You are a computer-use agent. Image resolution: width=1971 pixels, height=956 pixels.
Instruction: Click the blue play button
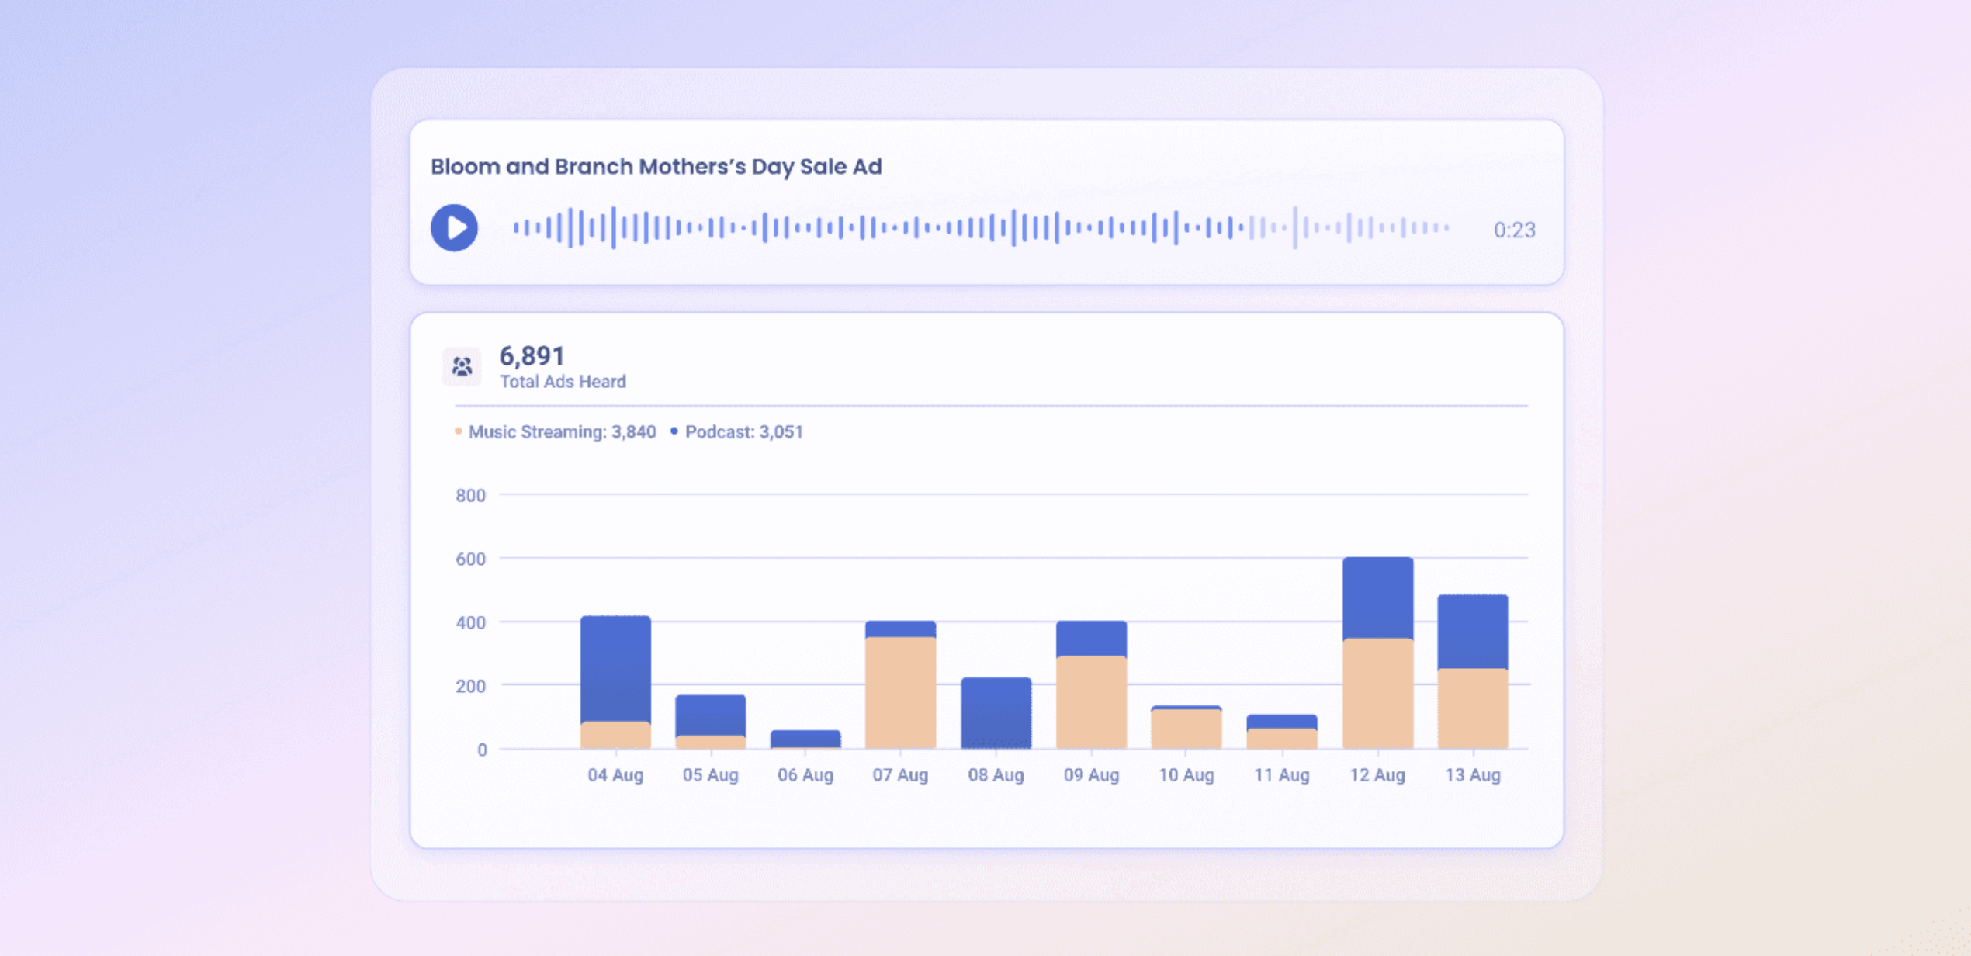pos(454,228)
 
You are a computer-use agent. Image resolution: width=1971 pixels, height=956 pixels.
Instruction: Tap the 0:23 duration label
pos(1514,230)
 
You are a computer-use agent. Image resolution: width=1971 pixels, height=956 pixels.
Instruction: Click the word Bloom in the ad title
pos(465,167)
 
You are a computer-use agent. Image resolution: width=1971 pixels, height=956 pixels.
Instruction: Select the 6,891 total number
pos(532,356)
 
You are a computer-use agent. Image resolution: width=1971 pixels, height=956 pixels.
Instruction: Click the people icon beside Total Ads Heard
pos(462,366)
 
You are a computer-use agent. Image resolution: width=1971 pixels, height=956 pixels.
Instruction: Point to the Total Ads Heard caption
pos(563,382)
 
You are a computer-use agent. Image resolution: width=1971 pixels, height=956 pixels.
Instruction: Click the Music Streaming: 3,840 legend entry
pos(561,432)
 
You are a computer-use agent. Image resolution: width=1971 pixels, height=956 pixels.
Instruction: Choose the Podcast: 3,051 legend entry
pos(743,432)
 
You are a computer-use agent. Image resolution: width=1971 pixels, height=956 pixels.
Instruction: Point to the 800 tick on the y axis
pos(470,496)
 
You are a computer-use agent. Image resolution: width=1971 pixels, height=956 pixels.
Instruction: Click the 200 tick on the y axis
pos(470,687)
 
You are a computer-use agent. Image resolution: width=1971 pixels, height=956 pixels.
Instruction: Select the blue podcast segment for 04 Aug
pos(615,667)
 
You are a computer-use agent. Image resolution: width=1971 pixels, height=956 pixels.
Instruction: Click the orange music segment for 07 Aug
pos(900,692)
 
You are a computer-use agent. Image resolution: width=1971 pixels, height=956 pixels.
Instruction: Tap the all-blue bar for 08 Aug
pos(996,712)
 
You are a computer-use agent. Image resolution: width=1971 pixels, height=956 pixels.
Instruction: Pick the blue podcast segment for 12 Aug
pos(1377,597)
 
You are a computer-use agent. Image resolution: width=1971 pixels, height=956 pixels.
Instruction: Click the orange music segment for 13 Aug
pos(1472,708)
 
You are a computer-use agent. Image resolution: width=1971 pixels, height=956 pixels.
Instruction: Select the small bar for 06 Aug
pos(805,739)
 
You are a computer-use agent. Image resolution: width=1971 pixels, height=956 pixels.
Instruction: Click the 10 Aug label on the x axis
pos(1186,775)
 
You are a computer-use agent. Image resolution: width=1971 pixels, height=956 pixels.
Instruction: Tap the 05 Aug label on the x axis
pos(710,775)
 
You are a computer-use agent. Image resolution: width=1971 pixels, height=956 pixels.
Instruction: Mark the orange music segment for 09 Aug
pos(1090,701)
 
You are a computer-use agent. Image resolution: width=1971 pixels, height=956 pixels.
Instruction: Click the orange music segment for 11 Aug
pos(1281,738)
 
